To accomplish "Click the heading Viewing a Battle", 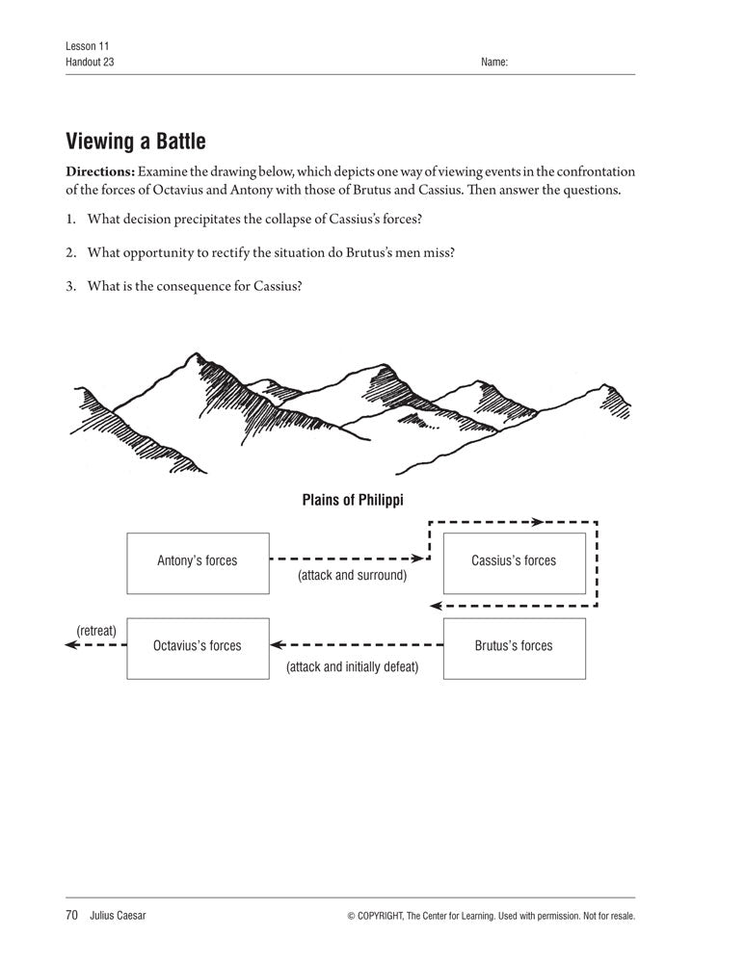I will coord(135,143).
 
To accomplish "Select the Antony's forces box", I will coord(197,563).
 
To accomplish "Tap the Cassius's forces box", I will coord(514,563).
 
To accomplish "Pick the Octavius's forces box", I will coord(197,648).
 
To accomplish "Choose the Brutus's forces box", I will coord(514,648).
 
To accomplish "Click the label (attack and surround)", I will coord(352,576).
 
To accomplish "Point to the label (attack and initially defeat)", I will coord(352,666).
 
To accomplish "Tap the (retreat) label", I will coord(95,631).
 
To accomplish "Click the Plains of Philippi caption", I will coord(352,500).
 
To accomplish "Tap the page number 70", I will coord(71,916).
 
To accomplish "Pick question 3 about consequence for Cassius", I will coord(194,285).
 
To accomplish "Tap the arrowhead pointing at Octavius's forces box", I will coord(276,645).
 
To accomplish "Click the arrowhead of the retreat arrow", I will coord(70,645).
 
